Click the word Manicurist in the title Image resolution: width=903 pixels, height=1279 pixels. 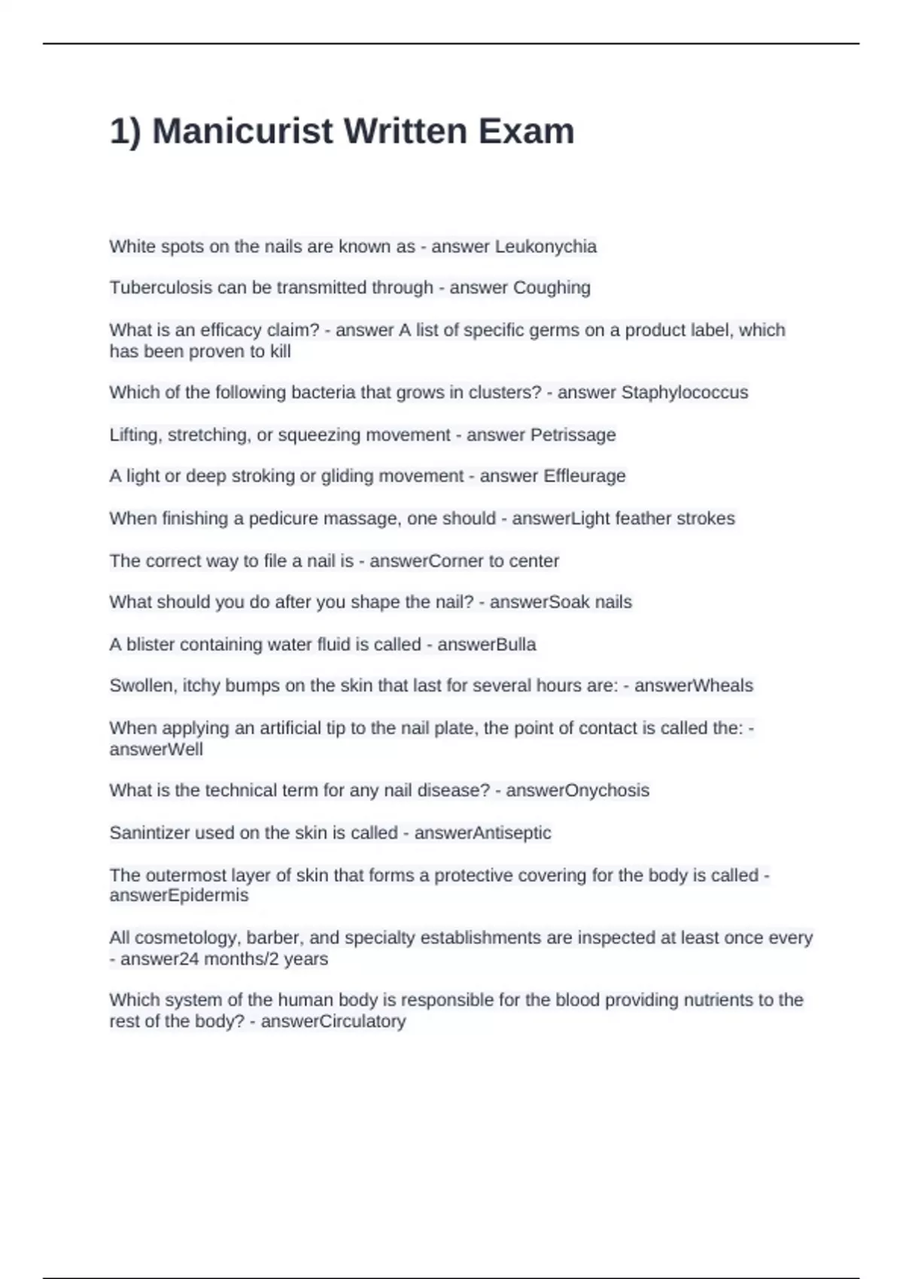[x=242, y=131]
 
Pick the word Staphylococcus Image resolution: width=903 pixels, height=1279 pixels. [x=684, y=393]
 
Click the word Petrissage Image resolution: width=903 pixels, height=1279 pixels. [x=573, y=435]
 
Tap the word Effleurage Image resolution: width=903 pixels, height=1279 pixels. [x=584, y=476]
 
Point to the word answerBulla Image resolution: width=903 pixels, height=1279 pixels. [x=486, y=645]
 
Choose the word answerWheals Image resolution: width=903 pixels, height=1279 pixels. [x=693, y=685]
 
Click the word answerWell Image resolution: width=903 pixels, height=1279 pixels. [x=156, y=749]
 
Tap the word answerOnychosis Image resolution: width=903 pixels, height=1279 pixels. [x=577, y=790]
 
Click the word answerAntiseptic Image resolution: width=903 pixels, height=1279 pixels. [x=482, y=833]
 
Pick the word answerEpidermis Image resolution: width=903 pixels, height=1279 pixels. [x=178, y=895]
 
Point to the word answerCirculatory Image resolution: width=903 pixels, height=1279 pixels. [x=333, y=1022]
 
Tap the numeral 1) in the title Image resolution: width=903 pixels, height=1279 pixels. [x=125, y=132]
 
